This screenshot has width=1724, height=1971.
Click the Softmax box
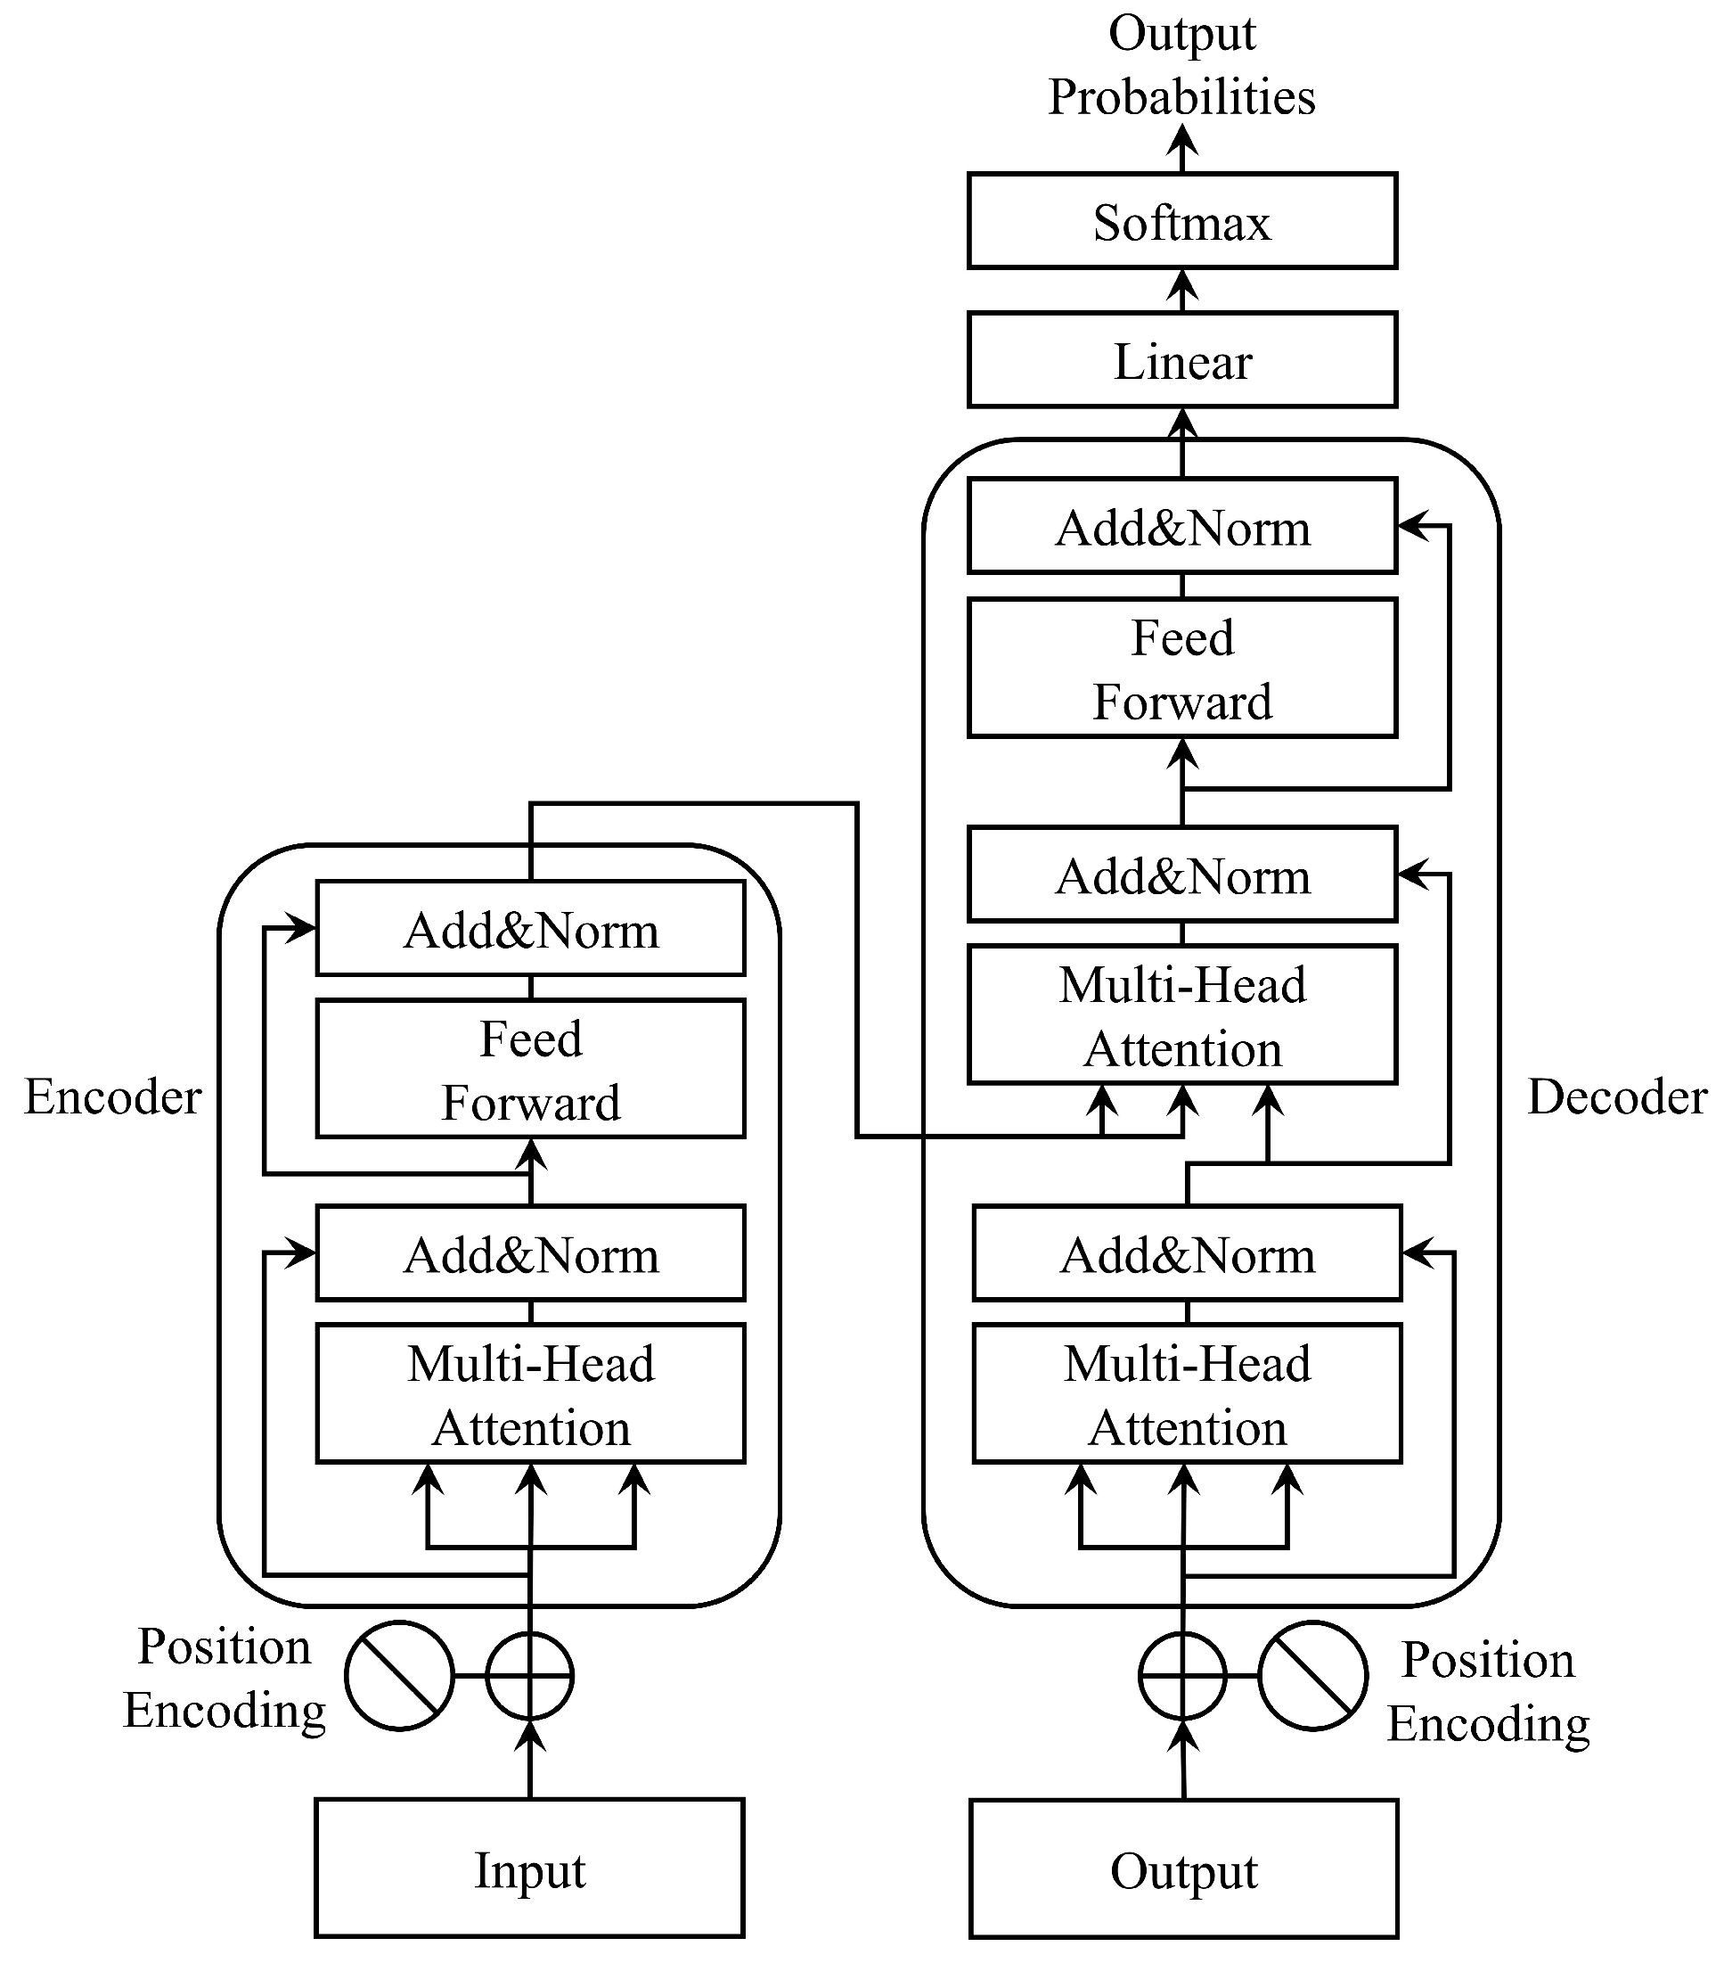click(x=1181, y=221)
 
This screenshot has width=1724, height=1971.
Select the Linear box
click(x=1181, y=360)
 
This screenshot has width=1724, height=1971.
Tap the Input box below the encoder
click(x=529, y=1870)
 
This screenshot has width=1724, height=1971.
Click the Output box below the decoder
click(x=1183, y=1870)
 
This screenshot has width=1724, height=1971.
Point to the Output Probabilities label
click(x=1181, y=65)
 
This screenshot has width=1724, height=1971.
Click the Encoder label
click(x=112, y=1096)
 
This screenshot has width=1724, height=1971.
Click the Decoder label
click(x=1616, y=1096)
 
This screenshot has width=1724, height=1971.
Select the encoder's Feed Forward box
click(x=530, y=1069)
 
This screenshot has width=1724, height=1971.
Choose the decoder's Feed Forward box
click(x=1181, y=669)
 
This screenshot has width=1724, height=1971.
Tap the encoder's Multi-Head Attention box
click(x=530, y=1393)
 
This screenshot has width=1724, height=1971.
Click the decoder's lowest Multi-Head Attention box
click(x=1186, y=1393)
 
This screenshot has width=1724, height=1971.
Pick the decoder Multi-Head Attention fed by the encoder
click(x=1181, y=1015)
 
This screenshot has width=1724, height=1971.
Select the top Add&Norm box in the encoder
click(x=530, y=929)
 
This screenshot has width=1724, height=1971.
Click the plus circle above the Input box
click(x=529, y=1676)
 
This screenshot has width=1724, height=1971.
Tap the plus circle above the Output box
click(x=1182, y=1676)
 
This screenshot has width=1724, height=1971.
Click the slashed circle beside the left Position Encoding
click(x=399, y=1676)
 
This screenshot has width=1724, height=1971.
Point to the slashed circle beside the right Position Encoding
click(x=1312, y=1676)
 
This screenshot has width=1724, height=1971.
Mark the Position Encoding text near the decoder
click(x=1487, y=1691)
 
